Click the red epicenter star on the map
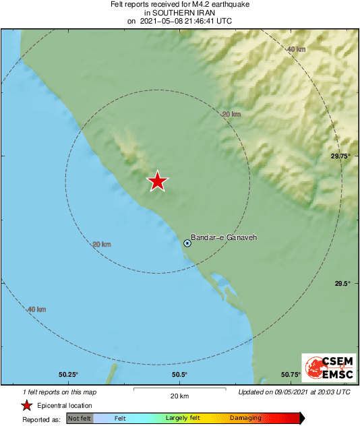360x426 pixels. pos(157,181)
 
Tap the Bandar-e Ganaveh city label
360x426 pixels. pos(224,237)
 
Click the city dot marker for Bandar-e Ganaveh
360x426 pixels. pos(187,243)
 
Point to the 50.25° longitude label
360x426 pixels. pos(68,375)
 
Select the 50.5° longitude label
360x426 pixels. pos(179,375)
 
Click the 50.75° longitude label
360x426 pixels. pos(290,375)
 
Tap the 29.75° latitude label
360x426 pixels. pos(340,156)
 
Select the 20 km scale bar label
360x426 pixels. pos(179,396)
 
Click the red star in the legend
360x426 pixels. pos(26,405)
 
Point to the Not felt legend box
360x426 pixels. pos(79,419)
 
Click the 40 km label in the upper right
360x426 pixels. pos(296,49)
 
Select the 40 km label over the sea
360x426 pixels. pos(36,309)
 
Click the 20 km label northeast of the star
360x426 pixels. pos(231,114)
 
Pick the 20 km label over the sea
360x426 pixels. pos(101,244)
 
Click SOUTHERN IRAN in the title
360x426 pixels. pos(179,13)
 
